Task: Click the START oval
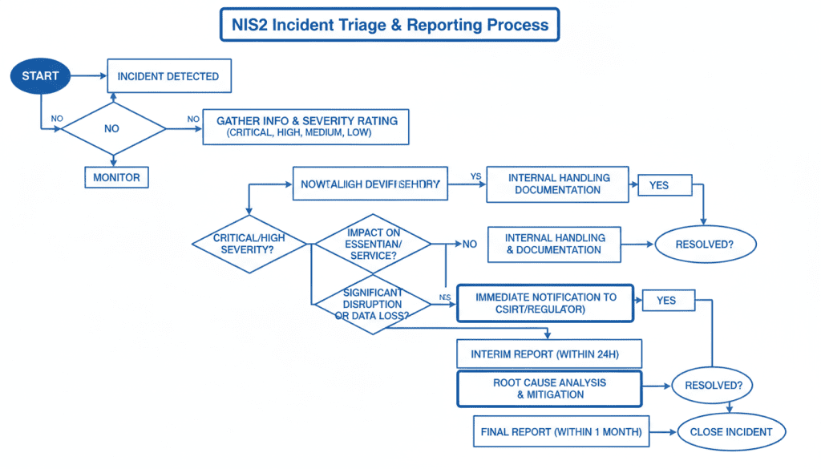point(39,76)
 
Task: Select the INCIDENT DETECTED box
point(168,76)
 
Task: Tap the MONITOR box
point(116,177)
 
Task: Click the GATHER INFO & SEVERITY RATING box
point(306,127)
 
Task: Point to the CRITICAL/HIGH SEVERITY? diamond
point(249,245)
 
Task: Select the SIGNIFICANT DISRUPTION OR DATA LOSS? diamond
point(373,304)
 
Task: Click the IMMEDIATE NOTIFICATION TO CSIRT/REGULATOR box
point(545,303)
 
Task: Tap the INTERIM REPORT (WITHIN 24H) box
point(549,354)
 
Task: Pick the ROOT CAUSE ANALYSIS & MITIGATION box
point(549,388)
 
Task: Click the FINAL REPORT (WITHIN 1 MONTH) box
point(560,432)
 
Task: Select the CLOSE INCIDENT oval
point(730,432)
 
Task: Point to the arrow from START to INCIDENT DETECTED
point(88,76)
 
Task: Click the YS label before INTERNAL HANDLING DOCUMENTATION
point(475,176)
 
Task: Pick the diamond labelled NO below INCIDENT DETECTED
point(113,127)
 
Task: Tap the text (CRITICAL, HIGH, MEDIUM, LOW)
point(299,133)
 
